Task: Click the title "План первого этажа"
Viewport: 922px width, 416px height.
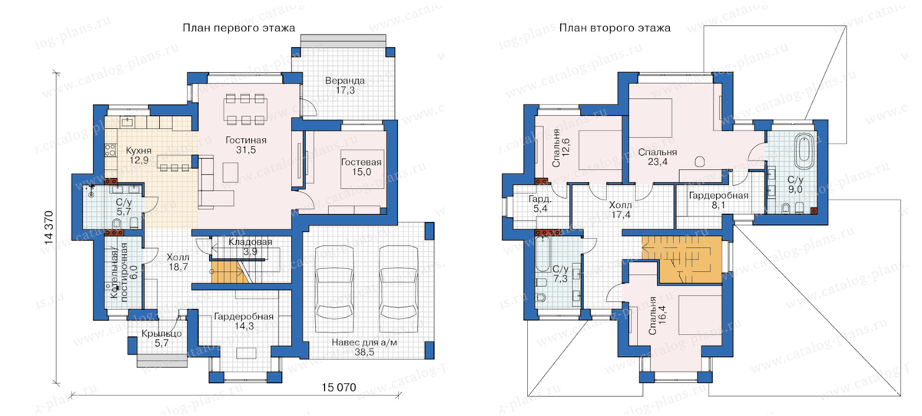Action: pyautogui.click(x=239, y=28)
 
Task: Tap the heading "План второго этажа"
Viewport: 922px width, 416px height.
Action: pyautogui.click(x=615, y=28)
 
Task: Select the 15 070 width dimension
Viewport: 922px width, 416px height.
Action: pyautogui.click(x=339, y=388)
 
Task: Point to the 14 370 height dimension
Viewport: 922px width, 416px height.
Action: pyautogui.click(x=49, y=228)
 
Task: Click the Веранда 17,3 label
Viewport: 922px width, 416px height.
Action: pyautogui.click(x=345, y=85)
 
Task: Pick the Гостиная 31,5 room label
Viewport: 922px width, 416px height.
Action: pyautogui.click(x=246, y=145)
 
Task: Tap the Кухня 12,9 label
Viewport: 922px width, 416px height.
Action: pyautogui.click(x=139, y=155)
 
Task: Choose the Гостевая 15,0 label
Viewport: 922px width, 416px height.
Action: pyautogui.click(x=361, y=167)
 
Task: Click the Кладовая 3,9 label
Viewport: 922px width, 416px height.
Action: pyautogui.click(x=250, y=246)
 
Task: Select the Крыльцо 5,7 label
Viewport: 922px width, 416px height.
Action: pyautogui.click(x=161, y=338)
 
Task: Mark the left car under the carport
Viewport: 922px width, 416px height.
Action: pyautogui.click(x=334, y=289)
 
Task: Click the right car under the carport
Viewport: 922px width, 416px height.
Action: pyautogui.click(x=399, y=289)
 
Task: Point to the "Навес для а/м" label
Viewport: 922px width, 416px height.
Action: pyautogui.click(x=364, y=342)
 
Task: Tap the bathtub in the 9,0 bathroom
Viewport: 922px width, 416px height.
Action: pyautogui.click(x=804, y=150)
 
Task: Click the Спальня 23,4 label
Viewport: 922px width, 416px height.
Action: pyautogui.click(x=658, y=157)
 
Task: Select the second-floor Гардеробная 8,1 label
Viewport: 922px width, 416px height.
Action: pyautogui.click(x=718, y=200)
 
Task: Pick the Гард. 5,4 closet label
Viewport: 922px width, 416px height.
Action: pyautogui.click(x=540, y=204)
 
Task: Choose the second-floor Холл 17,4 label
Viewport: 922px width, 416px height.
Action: pyautogui.click(x=620, y=210)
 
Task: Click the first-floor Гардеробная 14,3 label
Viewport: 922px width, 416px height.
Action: pyautogui.click(x=244, y=322)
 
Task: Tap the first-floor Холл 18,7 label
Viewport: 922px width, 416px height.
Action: pyautogui.click(x=177, y=262)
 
